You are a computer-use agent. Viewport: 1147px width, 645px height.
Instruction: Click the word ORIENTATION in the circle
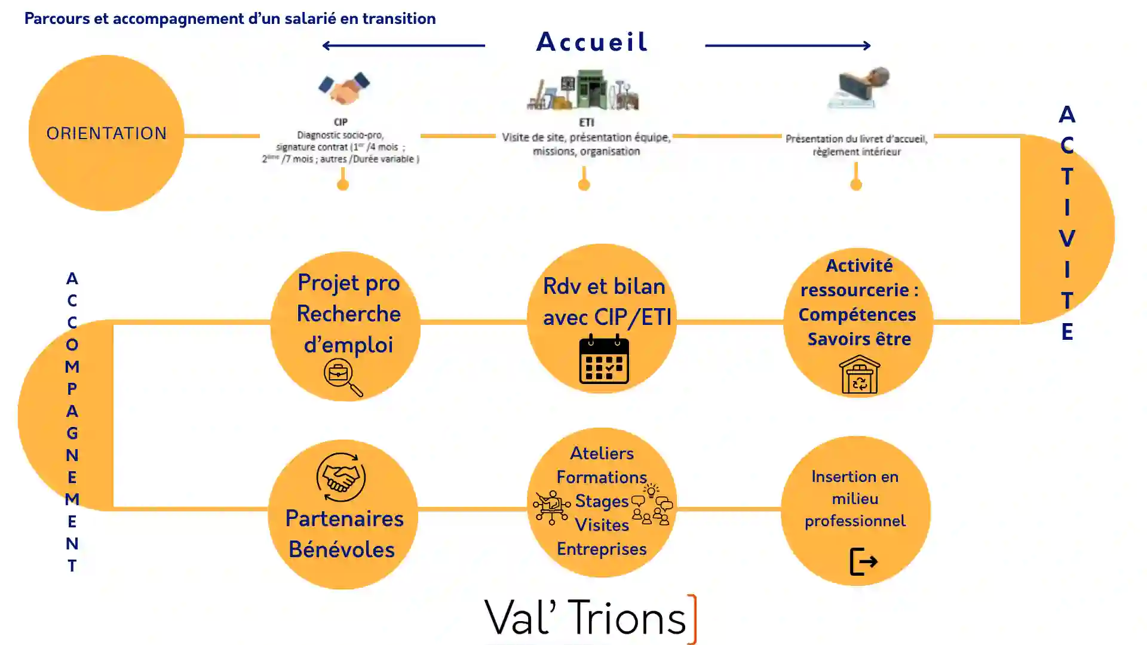tap(106, 133)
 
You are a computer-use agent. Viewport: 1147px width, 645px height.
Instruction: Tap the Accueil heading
tap(591, 42)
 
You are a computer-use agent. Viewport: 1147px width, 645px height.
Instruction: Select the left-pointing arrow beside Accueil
tap(403, 45)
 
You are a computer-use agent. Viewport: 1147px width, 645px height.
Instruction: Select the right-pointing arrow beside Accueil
tap(787, 45)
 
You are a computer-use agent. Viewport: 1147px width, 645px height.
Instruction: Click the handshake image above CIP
tap(344, 88)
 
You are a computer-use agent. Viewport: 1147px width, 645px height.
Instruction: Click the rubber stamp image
tap(859, 88)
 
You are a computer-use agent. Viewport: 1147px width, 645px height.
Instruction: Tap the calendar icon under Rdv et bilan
tap(604, 360)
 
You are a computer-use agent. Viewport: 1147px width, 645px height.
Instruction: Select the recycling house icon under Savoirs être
tap(859, 375)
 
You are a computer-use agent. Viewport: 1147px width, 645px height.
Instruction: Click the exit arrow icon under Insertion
tap(863, 561)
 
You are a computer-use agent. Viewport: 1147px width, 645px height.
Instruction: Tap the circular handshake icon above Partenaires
tap(341, 477)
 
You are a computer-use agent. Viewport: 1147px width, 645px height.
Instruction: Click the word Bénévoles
tap(341, 549)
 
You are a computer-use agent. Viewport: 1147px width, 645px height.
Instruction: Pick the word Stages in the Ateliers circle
tap(601, 501)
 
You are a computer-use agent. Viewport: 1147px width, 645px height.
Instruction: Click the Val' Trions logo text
tap(585, 618)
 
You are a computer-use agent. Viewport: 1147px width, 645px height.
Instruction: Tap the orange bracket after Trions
tap(693, 619)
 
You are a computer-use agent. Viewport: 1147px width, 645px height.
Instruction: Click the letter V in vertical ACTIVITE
tap(1067, 238)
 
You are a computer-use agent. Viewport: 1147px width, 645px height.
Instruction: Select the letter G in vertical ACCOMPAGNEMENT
tap(72, 433)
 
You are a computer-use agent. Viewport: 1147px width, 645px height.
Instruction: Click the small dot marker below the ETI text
tap(584, 185)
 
